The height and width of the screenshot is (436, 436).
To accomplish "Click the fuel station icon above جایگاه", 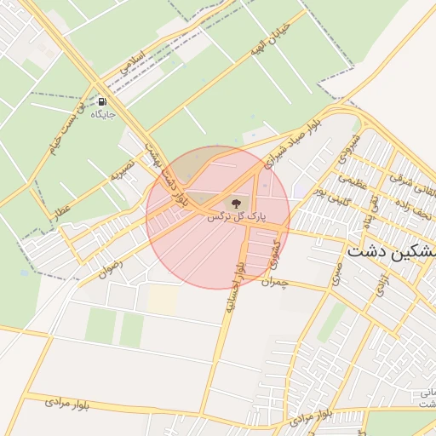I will pos(102,100).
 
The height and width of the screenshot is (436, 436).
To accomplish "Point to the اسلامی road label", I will pos(135,64).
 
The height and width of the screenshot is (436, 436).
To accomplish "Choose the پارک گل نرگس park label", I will pos(236,217).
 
